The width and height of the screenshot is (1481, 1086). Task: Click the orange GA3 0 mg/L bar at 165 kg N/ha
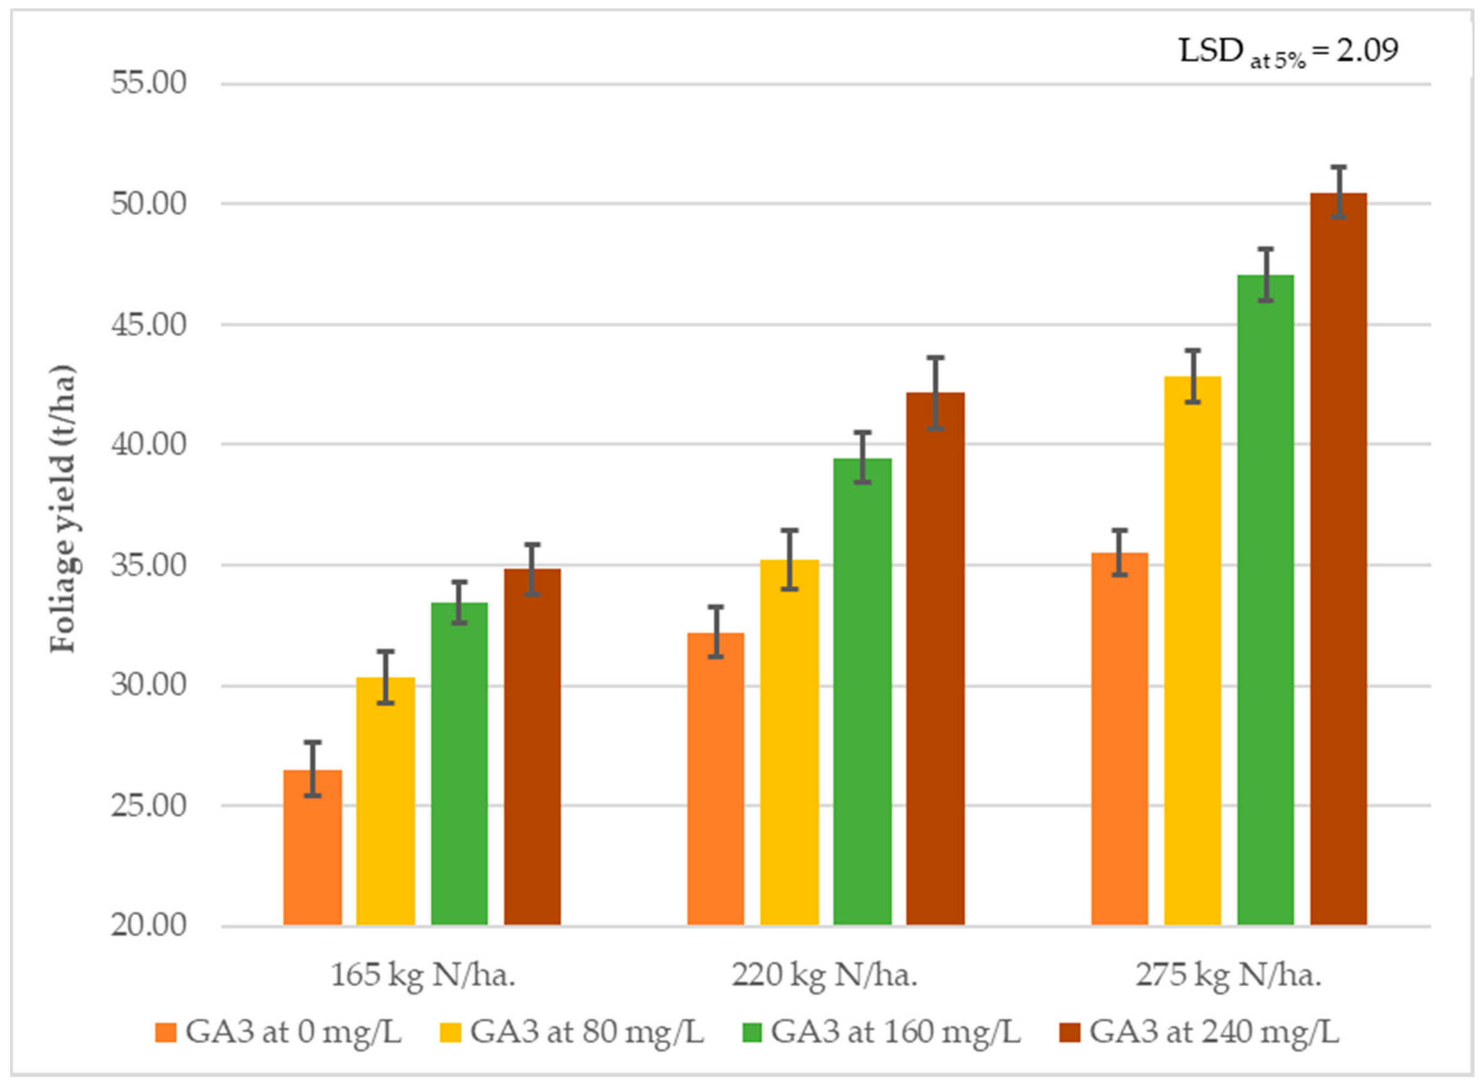tap(312, 847)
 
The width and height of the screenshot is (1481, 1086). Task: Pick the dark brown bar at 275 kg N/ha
tap(1338, 559)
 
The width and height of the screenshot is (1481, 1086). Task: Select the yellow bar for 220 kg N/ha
tap(789, 742)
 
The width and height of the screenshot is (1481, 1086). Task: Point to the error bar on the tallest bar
tap(1338, 192)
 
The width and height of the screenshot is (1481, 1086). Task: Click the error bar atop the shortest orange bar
tap(313, 769)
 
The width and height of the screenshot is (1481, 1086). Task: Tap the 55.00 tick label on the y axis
tap(149, 84)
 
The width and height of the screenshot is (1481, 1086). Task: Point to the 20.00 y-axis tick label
tap(149, 926)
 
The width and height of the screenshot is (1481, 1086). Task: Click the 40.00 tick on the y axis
tap(149, 444)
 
